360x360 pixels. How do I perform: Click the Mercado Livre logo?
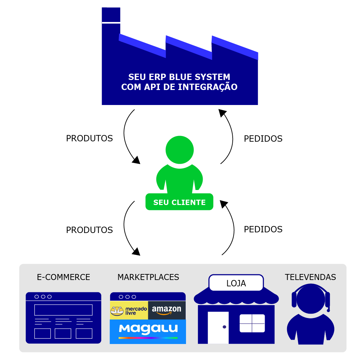point(129,310)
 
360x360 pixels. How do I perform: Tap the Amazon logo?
point(167,310)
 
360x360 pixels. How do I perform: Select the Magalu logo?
point(148,330)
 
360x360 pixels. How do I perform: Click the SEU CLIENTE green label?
point(179,202)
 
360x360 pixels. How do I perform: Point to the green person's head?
point(179,150)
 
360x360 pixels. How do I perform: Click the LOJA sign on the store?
point(236,283)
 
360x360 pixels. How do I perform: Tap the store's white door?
point(218,327)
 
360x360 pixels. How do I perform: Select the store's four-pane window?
point(252,323)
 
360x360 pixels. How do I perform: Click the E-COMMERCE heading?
point(63,277)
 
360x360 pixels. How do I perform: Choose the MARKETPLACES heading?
point(148,277)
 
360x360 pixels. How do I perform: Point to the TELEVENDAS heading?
point(310,277)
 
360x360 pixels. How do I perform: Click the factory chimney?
point(111,20)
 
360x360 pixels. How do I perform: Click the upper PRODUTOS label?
point(89,138)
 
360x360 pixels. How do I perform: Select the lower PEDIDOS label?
point(263,229)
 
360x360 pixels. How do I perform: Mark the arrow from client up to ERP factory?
point(229,137)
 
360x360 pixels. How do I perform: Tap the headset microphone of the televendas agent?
point(328,310)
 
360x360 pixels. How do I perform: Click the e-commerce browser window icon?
point(63,318)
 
